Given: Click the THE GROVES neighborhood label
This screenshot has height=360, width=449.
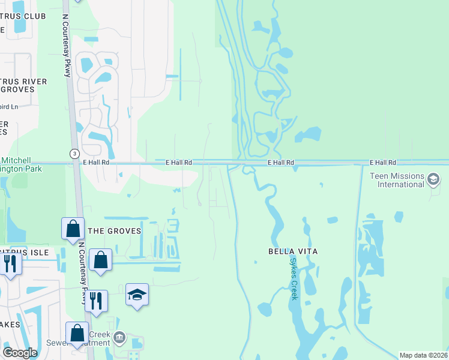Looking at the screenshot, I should click(x=115, y=231).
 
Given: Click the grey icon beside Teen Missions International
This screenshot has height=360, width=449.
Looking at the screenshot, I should click(x=433, y=179).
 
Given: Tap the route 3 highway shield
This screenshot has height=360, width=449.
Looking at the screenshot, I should click(x=74, y=153).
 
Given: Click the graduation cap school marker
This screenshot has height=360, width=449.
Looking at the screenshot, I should click(x=137, y=295).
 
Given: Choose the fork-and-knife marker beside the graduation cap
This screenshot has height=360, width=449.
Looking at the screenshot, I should click(x=96, y=301).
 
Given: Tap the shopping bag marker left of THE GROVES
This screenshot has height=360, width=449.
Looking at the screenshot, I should click(x=73, y=229).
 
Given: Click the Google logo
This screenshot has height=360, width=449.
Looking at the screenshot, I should click(x=20, y=353).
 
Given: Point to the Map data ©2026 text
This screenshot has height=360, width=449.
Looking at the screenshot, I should click(x=424, y=355).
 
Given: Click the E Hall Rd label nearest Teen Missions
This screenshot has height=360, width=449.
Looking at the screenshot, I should click(x=383, y=163).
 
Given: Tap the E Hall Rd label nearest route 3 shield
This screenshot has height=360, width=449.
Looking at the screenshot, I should click(x=96, y=163).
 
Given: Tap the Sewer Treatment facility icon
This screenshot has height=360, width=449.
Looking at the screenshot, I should click(x=119, y=338).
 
